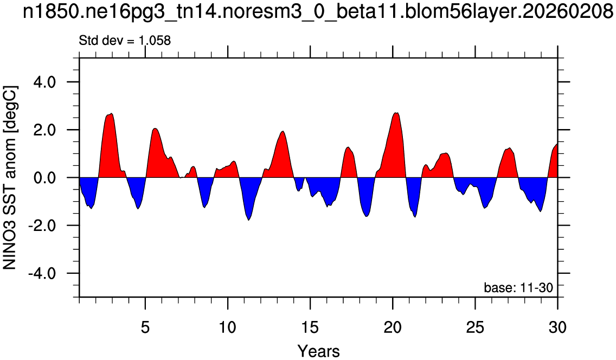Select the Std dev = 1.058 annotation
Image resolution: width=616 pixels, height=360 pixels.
[125, 41]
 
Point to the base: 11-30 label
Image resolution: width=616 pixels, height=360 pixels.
[518, 288]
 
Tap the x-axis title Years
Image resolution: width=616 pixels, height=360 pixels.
[318, 351]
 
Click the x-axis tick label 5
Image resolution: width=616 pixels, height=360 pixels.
[145, 326]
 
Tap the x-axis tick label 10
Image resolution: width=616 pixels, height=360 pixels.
[228, 326]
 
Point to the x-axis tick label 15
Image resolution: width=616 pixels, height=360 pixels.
[310, 326]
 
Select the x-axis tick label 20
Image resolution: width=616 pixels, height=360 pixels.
[393, 326]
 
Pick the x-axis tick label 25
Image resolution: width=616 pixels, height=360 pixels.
[476, 326]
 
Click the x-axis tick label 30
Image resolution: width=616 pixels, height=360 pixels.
[557, 326]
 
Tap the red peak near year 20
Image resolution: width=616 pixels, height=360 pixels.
[396, 113]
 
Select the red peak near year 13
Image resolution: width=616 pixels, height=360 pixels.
[283, 131]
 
